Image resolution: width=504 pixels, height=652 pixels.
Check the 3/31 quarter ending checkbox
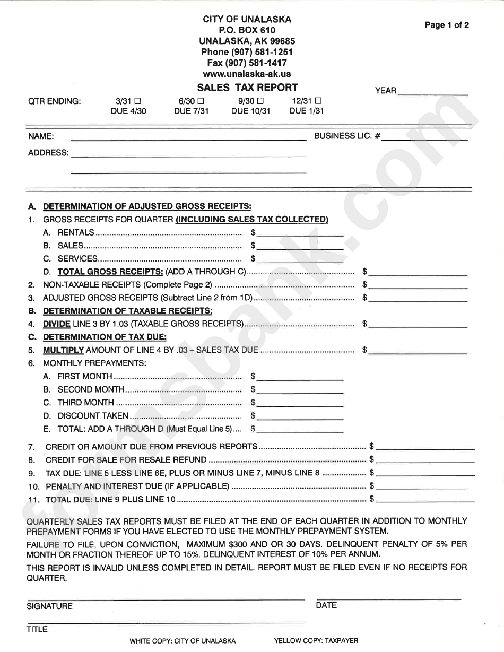[138, 100]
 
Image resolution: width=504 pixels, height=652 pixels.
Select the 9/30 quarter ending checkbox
[260, 100]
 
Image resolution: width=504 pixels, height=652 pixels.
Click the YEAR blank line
[432, 91]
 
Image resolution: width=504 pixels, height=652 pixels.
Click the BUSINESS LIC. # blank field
[424, 137]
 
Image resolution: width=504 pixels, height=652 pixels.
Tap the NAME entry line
[188, 137]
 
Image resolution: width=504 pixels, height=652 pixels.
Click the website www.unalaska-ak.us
[247, 74]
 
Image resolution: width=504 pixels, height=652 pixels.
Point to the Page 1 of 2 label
[447, 25]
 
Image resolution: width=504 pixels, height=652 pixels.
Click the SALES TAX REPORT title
[247, 88]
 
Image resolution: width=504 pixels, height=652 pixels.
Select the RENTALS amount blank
[300, 233]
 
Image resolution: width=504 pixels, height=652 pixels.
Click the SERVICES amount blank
[300, 259]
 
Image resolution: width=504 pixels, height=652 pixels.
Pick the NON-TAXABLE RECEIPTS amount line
[418, 285]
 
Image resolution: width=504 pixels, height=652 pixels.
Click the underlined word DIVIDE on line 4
[56, 324]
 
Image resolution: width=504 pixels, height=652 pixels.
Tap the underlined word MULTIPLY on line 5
[63, 350]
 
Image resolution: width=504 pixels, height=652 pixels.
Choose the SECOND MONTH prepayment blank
[300, 389]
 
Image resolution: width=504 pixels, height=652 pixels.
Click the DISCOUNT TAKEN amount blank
[300, 416]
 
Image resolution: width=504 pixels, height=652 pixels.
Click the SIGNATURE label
[49, 606]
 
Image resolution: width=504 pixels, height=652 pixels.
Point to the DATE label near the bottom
[326, 605]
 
